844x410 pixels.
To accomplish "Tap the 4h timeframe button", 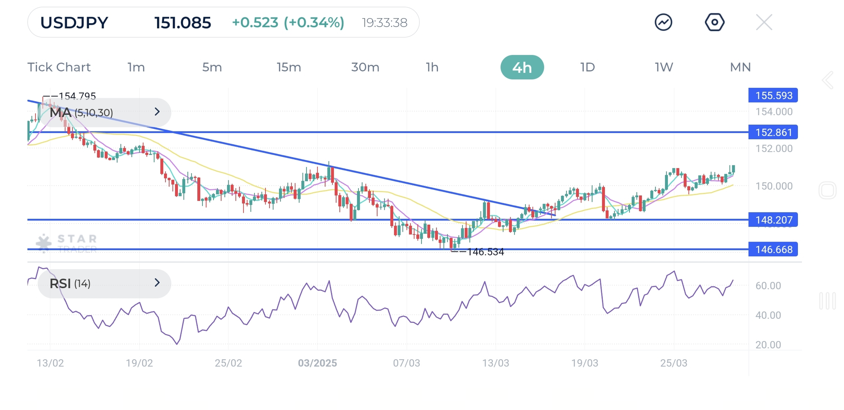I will point(522,67).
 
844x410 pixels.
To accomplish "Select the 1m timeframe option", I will point(136,67).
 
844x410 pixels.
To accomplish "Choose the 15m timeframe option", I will point(289,67).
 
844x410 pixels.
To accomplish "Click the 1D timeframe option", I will point(587,67).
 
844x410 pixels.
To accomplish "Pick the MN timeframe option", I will point(740,67).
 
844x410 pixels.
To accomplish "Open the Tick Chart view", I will point(59,67).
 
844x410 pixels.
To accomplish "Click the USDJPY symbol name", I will point(74,23).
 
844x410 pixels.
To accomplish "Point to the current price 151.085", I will point(183,23).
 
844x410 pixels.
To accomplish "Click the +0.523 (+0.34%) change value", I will point(288,23).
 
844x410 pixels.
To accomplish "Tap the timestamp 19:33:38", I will point(385,23).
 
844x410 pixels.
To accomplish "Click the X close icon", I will point(764,22).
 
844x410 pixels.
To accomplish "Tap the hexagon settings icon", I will point(714,22).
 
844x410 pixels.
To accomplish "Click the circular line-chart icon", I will point(664,22).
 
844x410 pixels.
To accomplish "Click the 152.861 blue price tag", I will point(773,132).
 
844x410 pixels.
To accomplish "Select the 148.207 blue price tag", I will point(773,220).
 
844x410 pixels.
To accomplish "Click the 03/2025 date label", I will point(317,363).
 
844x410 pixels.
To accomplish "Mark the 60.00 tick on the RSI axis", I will point(768,286).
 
